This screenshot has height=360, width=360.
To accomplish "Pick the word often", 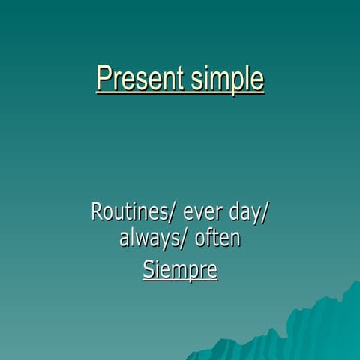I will coord(218,238).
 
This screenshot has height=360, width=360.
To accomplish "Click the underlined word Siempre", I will coord(180,268).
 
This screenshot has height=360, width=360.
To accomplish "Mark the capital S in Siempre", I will coord(148,268).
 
